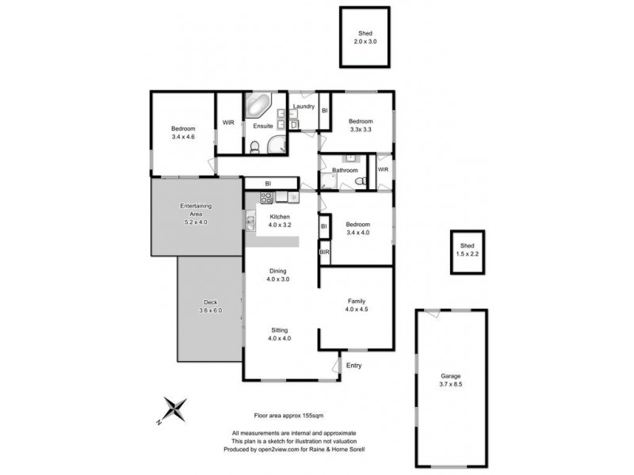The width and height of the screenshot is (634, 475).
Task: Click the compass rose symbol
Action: point(176,410)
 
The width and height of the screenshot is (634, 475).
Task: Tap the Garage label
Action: point(451,376)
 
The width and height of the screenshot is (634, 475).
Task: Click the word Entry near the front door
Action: point(353,365)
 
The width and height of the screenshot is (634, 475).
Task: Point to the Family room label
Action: point(356,302)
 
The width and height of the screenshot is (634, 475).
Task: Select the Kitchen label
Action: point(280,217)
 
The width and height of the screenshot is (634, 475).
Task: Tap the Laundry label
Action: point(304,107)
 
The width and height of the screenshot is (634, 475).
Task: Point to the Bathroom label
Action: point(345,170)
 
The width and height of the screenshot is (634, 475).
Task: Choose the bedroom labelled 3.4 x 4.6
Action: point(183,133)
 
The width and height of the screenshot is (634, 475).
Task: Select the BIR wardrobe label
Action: point(324,253)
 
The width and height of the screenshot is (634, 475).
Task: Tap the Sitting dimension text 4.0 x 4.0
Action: point(279,339)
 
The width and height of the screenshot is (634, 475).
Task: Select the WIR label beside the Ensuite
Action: point(228,123)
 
